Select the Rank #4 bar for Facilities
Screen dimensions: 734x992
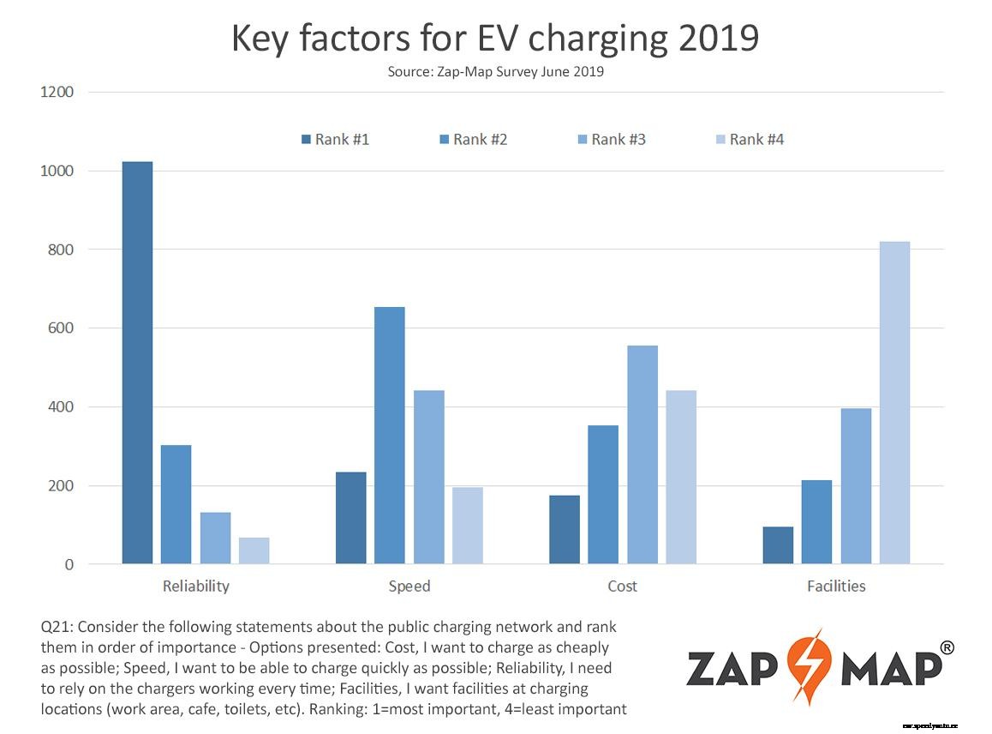(894, 403)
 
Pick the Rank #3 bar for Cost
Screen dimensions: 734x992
(642, 454)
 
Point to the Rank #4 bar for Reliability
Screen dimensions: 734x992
(254, 550)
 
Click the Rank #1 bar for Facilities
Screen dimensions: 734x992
(777, 545)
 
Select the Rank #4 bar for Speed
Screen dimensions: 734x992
(468, 526)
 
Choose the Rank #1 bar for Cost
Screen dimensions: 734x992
(564, 530)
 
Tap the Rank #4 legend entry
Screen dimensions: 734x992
(750, 139)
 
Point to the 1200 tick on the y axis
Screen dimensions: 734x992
(57, 92)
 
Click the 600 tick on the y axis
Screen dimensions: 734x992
(61, 328)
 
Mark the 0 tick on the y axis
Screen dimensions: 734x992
(69, 565)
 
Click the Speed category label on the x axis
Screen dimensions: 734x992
(409, 587)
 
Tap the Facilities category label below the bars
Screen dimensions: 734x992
(836, 587)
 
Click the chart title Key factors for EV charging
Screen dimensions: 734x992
(495, 39)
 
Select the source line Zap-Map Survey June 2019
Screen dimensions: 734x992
(495, 72)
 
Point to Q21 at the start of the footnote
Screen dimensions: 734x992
(57, 627)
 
